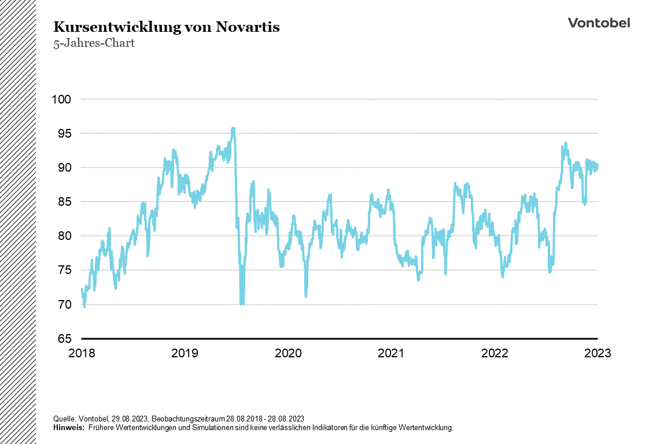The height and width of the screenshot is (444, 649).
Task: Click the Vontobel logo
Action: pyautogui.click(x=599, y=23)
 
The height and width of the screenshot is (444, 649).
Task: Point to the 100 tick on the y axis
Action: pyautogui.click(x=61, y=99)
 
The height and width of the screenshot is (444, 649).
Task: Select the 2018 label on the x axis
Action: pyautogui.click(x=82, y=353)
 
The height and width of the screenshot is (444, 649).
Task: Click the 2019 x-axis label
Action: pyautogui.click(x=185, y=353)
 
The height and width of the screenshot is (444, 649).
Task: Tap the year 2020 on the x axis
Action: pyautogui.click(x=288, y=353)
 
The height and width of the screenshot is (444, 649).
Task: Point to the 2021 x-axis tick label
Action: pyautogui.click(x=391, y=353)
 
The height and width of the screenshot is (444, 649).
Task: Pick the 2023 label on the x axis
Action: pyautogui.click(x=597, y=353)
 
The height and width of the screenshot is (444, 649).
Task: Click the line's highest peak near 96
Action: pyautogui.click(x=233, y=128)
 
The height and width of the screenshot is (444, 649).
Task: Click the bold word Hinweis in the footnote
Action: pyautogui.click(x=68, y=428)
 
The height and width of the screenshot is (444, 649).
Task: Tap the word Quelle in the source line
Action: pyautogui.click(x=64, y=419)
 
